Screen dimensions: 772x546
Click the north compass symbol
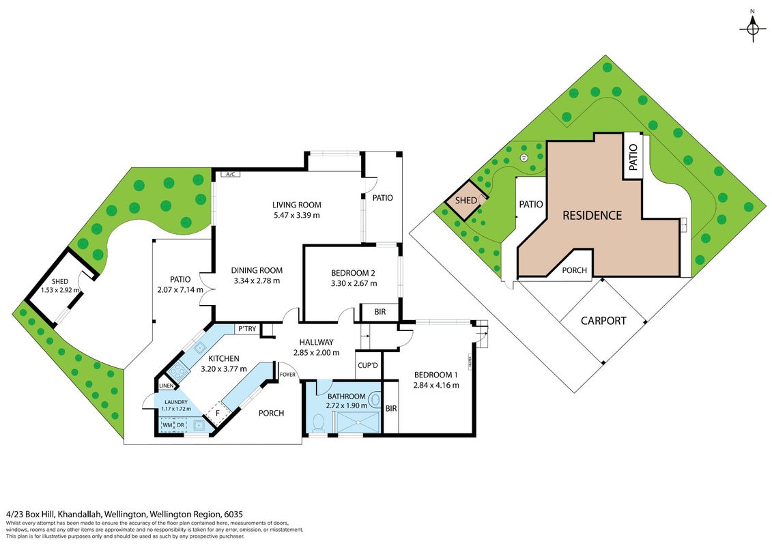coord(752,29)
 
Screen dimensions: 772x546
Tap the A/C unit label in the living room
coord(230,174)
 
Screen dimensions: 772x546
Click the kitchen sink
coord(200,348)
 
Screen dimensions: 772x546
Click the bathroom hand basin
coord(375,400)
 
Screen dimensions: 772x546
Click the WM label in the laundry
coord(167,425)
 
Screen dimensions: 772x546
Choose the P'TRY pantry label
coord(247,328)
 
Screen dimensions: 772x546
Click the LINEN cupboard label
coord(166,386)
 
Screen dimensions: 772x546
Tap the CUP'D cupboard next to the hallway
coord(368,365)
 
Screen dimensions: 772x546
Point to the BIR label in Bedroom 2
coord(380,312)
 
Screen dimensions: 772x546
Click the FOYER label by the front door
coord(288,375)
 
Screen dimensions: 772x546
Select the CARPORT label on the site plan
coord(603,321)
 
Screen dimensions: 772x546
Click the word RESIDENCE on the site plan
coord(592,215)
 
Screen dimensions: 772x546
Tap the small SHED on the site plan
coord(466,201)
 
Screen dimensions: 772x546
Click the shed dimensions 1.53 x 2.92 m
coord(60,291)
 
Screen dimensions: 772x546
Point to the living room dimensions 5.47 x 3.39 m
coord(296,215)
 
